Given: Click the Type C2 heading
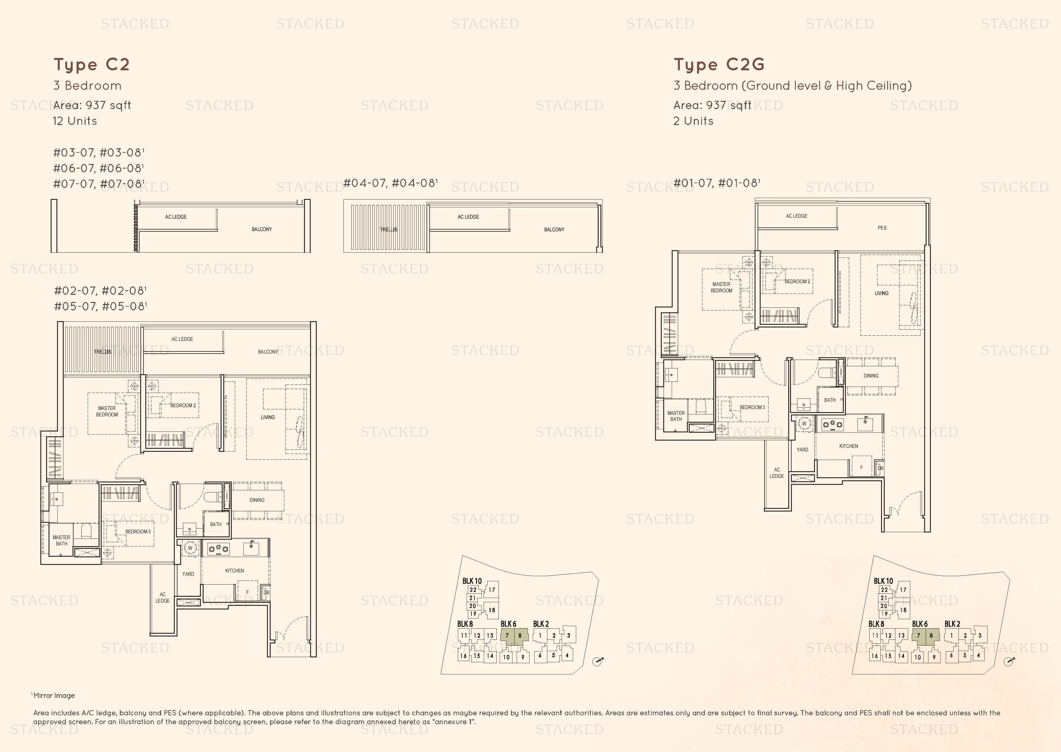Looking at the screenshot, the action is (91, 64).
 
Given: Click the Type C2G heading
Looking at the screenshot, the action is (719, 64).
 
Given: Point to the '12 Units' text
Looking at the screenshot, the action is (75, 121).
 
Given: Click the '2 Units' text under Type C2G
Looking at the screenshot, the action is (694, 121).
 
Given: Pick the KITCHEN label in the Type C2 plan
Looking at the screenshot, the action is (235, 570).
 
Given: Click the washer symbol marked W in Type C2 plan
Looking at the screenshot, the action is (190, 548).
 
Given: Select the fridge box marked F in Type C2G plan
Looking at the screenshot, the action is (861, 467).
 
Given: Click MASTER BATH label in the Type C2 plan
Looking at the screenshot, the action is (62, 540).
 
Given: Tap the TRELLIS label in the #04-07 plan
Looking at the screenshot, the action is (389, 229).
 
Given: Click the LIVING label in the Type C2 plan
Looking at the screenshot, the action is (268, 417).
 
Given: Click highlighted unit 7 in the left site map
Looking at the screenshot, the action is (507, 635).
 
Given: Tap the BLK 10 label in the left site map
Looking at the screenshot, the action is (472, 581).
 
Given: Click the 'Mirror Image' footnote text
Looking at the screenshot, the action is (54, 696).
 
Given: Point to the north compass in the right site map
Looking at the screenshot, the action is (1009, 661).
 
